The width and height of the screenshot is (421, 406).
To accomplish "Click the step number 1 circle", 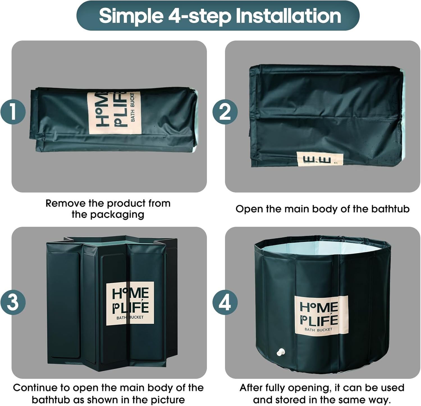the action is (13, 111).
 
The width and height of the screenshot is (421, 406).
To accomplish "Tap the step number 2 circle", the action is (225, 111).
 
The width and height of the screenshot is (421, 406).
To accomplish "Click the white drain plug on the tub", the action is (281, 352).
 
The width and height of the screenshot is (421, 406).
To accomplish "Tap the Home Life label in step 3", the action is (130, 303).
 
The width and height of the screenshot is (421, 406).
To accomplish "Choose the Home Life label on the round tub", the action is (321, 315).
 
